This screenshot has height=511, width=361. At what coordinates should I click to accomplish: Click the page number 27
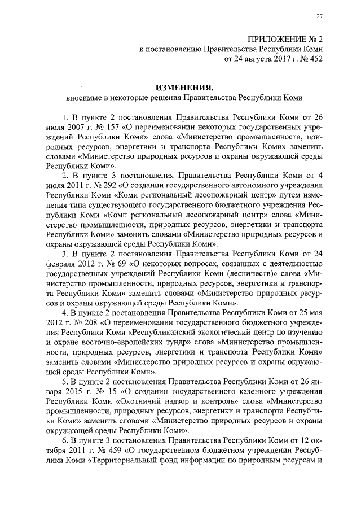tap(319, 15)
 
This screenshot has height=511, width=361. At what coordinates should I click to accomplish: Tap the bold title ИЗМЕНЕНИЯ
tap(184, 88)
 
